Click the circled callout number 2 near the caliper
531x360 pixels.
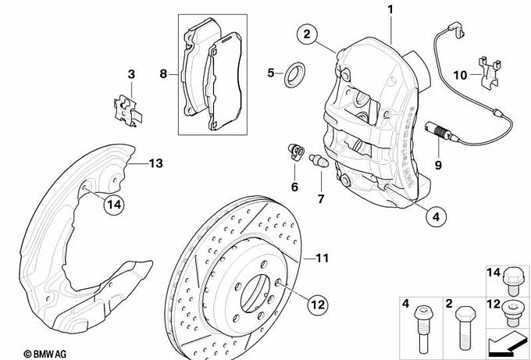coord(307,34)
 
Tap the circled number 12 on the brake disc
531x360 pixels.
coord(316,304)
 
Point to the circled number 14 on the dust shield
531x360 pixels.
coord(114,205)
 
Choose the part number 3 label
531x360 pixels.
coord(131,74)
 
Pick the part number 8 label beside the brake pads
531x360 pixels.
coord(163,74)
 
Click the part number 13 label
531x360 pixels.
coord(155,164)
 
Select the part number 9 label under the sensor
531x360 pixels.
coord(437,165)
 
